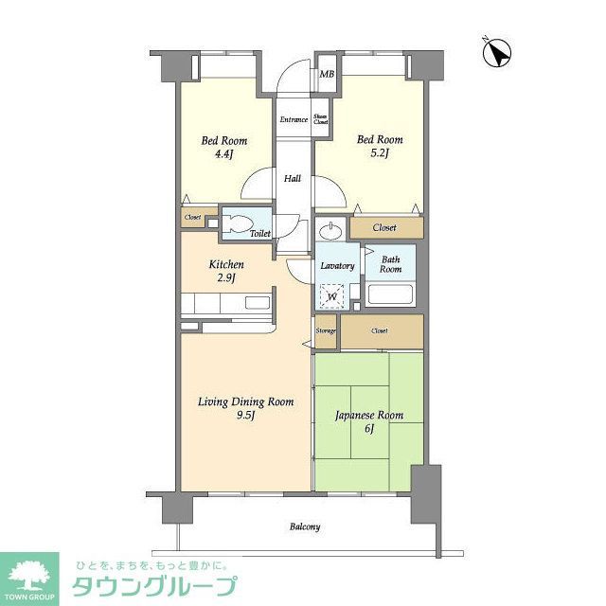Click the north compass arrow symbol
[x=496, y=53]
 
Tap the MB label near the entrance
[x=327, y=75]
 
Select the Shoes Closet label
[x=321, y=119]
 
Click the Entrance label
[x=292, y=119]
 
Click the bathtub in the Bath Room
[x=390, y=294]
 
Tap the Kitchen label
[x=227, y=264]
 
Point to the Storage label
[x=326, y=330]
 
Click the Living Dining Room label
[x=246, y=401]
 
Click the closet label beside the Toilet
[x=192, y=218]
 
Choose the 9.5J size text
[x=246, y=415]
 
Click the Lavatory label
[x=337, y=266]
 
